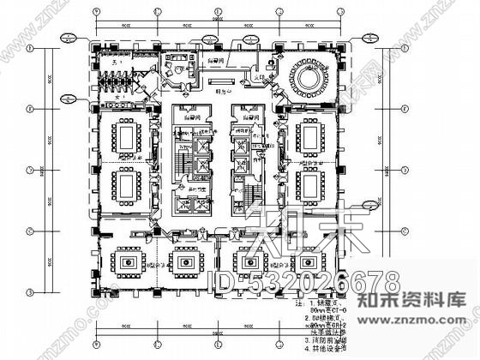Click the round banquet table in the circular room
(309, 78)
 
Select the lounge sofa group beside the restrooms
(181, 67)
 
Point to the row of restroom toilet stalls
(120, 82)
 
